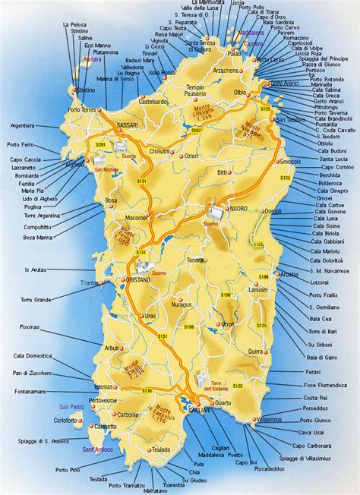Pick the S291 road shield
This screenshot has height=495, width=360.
(100, 143)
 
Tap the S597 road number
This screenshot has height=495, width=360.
(197, 131)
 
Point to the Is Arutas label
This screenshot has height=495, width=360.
(37, 269)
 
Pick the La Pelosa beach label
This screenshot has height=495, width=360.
(74, 24)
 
